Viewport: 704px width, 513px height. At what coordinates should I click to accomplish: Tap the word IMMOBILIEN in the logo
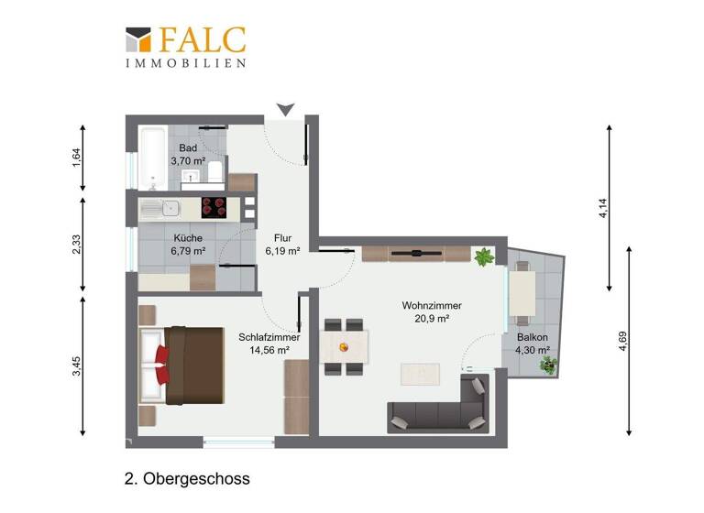186,63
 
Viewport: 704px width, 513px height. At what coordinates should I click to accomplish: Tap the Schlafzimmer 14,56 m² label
264,344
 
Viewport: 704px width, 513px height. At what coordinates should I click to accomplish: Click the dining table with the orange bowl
345,347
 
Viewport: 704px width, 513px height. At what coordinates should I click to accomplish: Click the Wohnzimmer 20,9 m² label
431,311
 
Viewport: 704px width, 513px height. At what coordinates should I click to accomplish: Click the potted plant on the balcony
548,366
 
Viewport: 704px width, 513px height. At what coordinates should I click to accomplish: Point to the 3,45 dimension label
78,366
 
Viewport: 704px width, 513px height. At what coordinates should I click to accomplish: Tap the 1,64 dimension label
78,158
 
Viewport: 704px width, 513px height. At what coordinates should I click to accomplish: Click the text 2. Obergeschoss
187,478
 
